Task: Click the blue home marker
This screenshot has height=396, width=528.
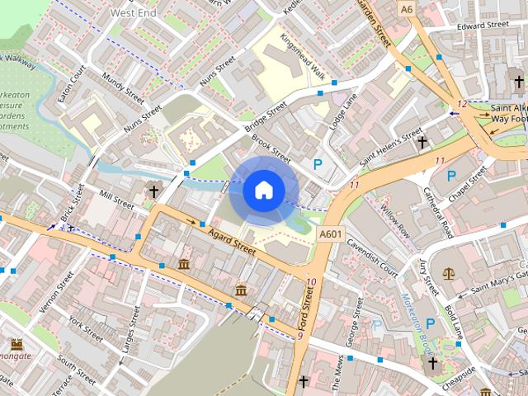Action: coord(263,190)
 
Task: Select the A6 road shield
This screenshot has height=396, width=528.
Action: coord(406,9)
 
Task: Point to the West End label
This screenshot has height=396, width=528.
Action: coord(134,13)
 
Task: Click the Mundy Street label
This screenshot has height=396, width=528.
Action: coord(123,88)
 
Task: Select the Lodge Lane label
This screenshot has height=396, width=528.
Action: coord(344,111)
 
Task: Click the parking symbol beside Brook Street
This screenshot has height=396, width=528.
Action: coord(318,165)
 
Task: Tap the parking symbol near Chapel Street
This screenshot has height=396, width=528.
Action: coord(451,175)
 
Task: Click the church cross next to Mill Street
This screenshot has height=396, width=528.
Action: coord(153,191)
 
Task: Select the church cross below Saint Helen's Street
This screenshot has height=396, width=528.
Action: coord(422,142)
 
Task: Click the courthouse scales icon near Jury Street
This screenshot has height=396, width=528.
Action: coord(449,273)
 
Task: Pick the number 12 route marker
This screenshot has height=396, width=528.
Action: coord(462,103)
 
